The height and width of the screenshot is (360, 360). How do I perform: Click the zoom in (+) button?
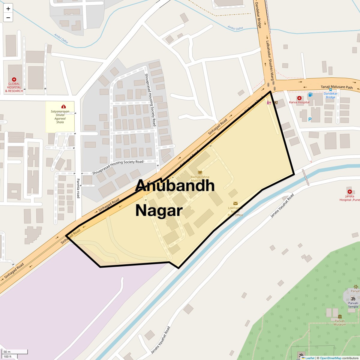pos(8,8)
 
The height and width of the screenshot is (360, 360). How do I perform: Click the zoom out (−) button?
pos(8,17)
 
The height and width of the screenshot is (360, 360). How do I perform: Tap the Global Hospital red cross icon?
pos(14,79)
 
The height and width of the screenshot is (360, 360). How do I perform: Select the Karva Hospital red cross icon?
pos(299,98)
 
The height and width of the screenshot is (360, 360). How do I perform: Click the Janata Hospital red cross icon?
pos(349,192)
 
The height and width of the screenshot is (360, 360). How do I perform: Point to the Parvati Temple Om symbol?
pos(353,298)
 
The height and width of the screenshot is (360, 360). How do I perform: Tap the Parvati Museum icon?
pos(340,316)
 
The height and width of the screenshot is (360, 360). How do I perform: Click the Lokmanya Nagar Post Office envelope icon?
pos(235,203)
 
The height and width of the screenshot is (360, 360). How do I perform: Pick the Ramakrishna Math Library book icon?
pos(200,172)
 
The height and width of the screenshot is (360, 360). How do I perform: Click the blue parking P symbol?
pos(310,119)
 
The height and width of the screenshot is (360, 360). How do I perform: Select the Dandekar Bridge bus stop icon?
pos(330,89)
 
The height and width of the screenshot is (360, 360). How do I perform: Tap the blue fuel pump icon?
pos(310,95)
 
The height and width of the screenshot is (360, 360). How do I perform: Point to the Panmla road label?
pos(78,188)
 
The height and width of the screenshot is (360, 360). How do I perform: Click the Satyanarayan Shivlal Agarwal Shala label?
pos(60,117)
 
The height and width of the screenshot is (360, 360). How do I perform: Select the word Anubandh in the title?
pos(175,186)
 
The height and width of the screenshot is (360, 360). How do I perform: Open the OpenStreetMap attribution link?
pos(330,358)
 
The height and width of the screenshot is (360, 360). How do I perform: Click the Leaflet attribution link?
pos(310,358)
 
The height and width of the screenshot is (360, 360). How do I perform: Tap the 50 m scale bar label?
pos(7,352)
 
